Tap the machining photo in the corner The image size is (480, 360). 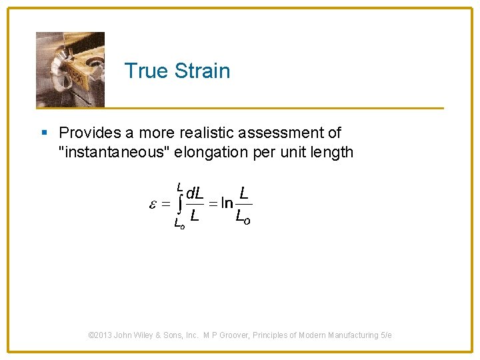coord(70,69)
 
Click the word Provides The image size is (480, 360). coord(87,133)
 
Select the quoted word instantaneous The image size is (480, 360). coord(116,152)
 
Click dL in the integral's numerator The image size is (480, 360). coord(195,194)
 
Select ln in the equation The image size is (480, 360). coord(227,205)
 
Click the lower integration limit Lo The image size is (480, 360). coord(179,224)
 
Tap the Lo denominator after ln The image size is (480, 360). coord(243,216)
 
